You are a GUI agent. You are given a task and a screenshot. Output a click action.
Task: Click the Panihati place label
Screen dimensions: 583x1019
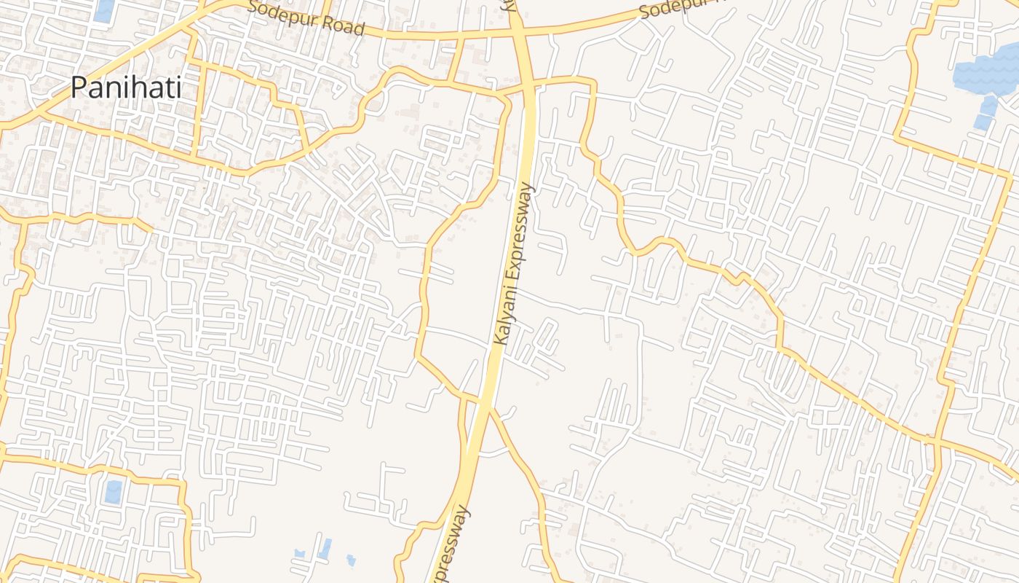pos(126,87)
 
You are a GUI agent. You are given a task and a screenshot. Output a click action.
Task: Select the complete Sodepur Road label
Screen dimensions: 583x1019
pos(306,19)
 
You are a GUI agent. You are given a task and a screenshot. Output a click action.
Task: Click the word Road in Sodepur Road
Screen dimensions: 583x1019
pos(340,25)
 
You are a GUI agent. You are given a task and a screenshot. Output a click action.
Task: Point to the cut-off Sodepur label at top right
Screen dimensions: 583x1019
pos(681,9)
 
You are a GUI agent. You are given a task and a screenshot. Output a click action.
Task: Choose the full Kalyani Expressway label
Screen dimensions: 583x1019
pos(514,264)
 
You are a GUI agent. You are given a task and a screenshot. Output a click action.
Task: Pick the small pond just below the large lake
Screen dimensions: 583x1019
pos(988,106)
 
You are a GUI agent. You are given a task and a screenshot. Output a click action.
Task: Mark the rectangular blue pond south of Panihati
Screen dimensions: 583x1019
pos(114,492)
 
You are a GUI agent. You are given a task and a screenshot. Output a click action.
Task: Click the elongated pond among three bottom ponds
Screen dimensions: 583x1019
pos(325,548)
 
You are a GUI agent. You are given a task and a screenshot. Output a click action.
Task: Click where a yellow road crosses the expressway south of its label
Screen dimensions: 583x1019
pos(482,400)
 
